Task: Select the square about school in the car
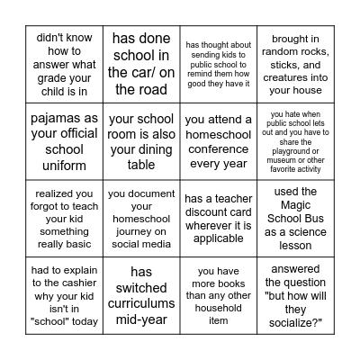[141, 64]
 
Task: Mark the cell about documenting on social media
[141, 217]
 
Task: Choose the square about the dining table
[141, 140]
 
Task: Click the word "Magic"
[297, 204]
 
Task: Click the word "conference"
[219, 148]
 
